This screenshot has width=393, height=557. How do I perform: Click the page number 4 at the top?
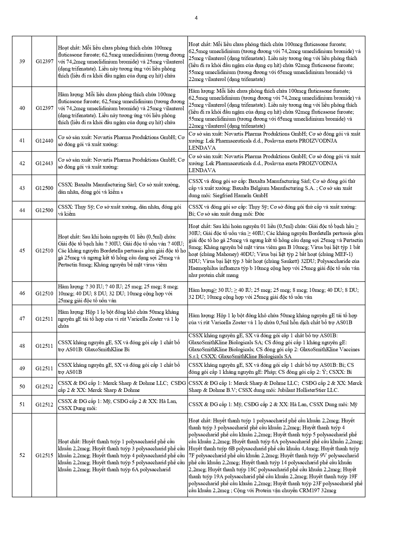tap(196, 18)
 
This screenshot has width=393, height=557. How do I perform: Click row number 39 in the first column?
tap(22, 61)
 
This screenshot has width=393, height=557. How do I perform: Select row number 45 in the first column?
tap(22, 251)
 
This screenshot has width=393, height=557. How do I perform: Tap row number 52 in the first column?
tap(22, 455)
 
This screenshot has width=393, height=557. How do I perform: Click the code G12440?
tap(44, 141)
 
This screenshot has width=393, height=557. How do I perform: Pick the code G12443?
tap(44, 163)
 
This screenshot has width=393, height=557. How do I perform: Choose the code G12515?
tap(44, 455)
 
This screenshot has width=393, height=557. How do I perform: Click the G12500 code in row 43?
tap(44, 188)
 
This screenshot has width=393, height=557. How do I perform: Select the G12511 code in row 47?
tap(44, 319)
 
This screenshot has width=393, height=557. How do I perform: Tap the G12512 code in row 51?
tap(44, 405)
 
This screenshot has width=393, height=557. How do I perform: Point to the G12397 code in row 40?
tap(44, 108)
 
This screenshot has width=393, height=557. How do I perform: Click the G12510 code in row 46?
tap(44, 293)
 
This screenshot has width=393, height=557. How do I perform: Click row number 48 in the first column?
tap(22, 346)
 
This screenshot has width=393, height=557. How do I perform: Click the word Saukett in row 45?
tap(288, 261)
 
